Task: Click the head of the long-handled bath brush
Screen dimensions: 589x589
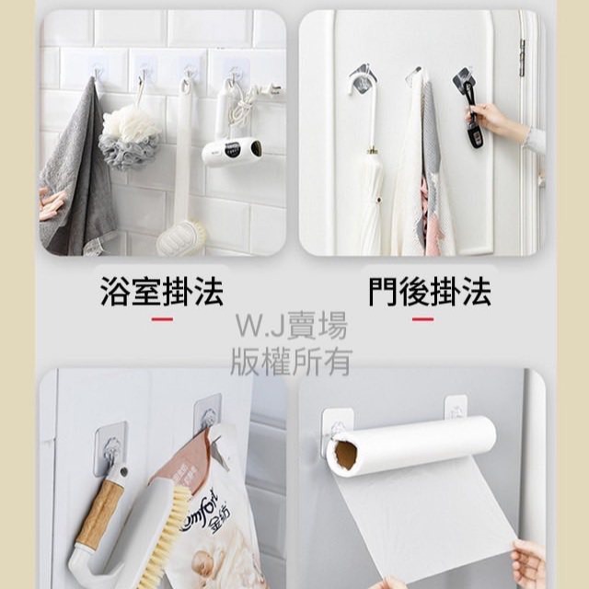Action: [181, 239]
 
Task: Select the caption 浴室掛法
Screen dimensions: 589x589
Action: [162, 291]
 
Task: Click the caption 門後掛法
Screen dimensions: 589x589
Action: [430, 291]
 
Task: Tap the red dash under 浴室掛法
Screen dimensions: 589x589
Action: [162, 319]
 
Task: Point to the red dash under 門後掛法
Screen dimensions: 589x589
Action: [422, 319]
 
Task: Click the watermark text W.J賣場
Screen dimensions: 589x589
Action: [292, 327]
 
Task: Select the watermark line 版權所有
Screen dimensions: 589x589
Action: [292, 362]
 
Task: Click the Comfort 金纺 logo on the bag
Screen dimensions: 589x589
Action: [204, 514]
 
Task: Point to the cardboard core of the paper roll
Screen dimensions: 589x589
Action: [345, 456]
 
